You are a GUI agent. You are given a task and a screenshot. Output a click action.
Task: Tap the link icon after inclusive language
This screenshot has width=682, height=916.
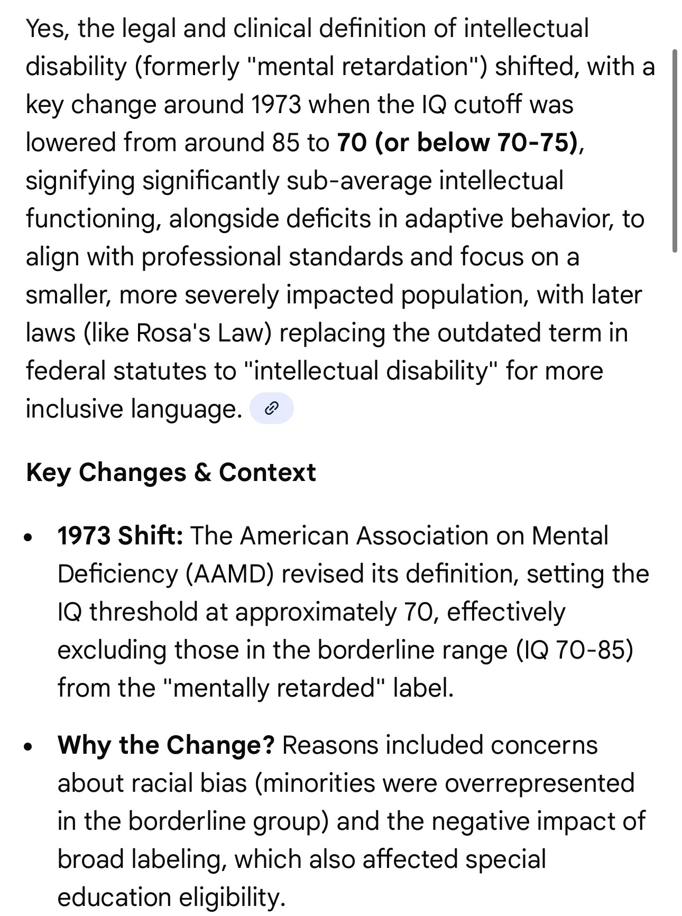271,408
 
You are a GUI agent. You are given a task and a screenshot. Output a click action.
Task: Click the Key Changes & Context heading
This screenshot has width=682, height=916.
171,472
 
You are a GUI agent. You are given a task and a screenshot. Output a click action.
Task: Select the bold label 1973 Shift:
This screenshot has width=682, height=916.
120,535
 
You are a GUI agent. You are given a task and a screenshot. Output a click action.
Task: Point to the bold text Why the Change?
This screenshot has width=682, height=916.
166,745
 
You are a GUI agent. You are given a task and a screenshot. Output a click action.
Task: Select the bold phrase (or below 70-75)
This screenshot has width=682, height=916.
475,142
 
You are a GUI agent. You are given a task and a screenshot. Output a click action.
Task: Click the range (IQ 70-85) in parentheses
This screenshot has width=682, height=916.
575,650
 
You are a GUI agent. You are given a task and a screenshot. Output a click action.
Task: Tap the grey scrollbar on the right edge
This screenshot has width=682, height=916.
675,151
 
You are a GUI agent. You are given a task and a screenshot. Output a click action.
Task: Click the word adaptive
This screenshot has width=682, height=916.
453,218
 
